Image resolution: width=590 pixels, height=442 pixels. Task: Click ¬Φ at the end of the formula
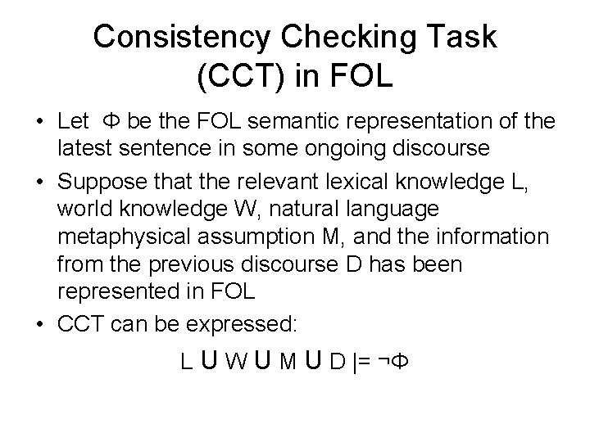[x=390, y=361]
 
